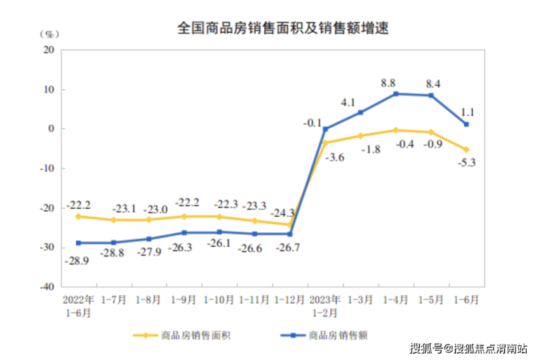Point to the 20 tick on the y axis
tap(50, 50)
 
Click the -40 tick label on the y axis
tap(47, 288)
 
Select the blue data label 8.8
tap(397, 83)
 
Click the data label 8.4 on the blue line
tap(433, 83)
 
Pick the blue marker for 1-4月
tap(396, 93)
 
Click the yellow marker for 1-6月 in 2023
tap(466, 150)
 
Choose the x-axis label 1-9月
tap(182, 299)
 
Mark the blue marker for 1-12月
tap(290, 234)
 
